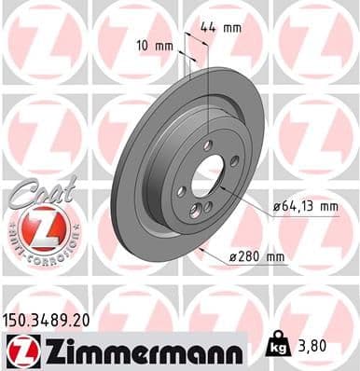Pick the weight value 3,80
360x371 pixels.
314,345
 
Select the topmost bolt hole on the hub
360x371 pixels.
208,145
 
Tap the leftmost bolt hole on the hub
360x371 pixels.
182,191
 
